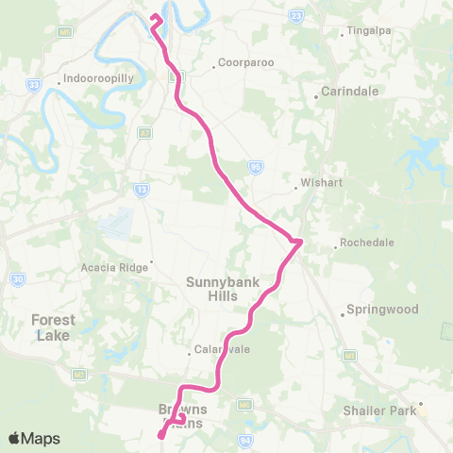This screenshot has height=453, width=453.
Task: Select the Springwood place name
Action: (x=375, y=309)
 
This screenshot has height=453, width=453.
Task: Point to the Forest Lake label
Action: (x=53, y=327)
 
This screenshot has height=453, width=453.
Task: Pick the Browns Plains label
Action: (x=187, y=416)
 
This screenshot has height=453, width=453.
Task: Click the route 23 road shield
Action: (x=296, y=16)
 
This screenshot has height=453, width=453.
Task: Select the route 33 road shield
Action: (x=33, y=85)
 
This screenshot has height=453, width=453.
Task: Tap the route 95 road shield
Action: (x=256, y=166)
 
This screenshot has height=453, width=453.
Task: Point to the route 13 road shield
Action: (x=142, y=190)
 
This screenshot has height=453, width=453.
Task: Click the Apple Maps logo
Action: (x=34, y=438)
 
